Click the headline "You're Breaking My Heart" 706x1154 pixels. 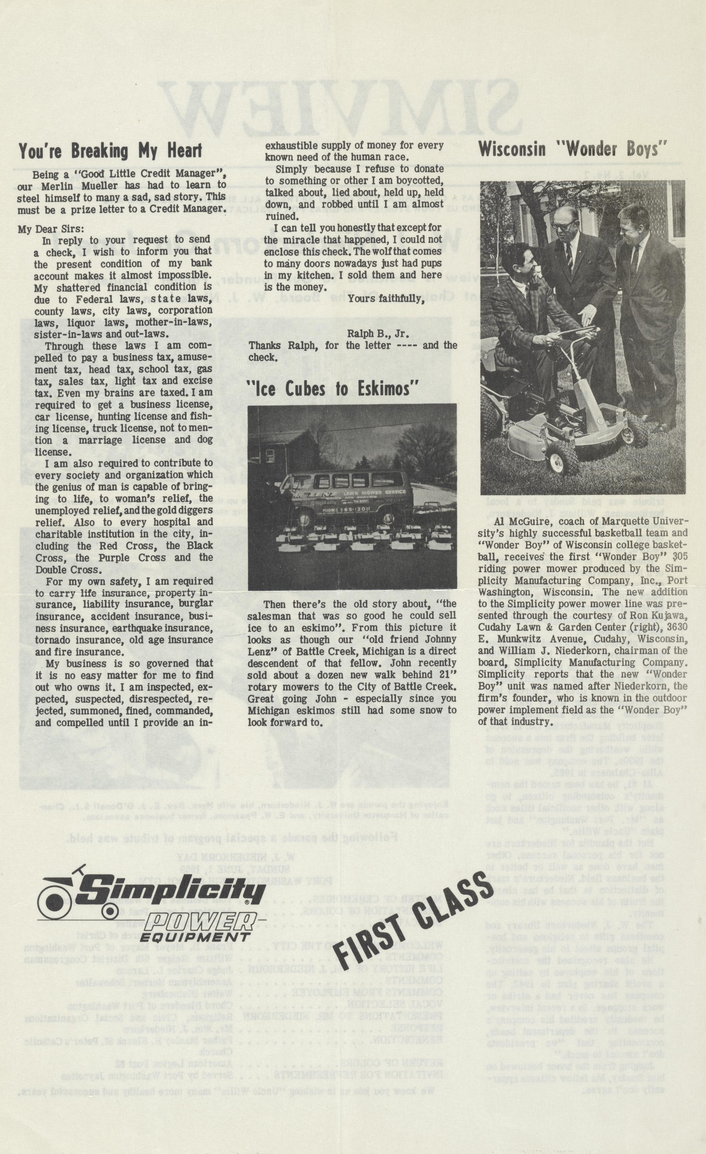click(110, 151)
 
